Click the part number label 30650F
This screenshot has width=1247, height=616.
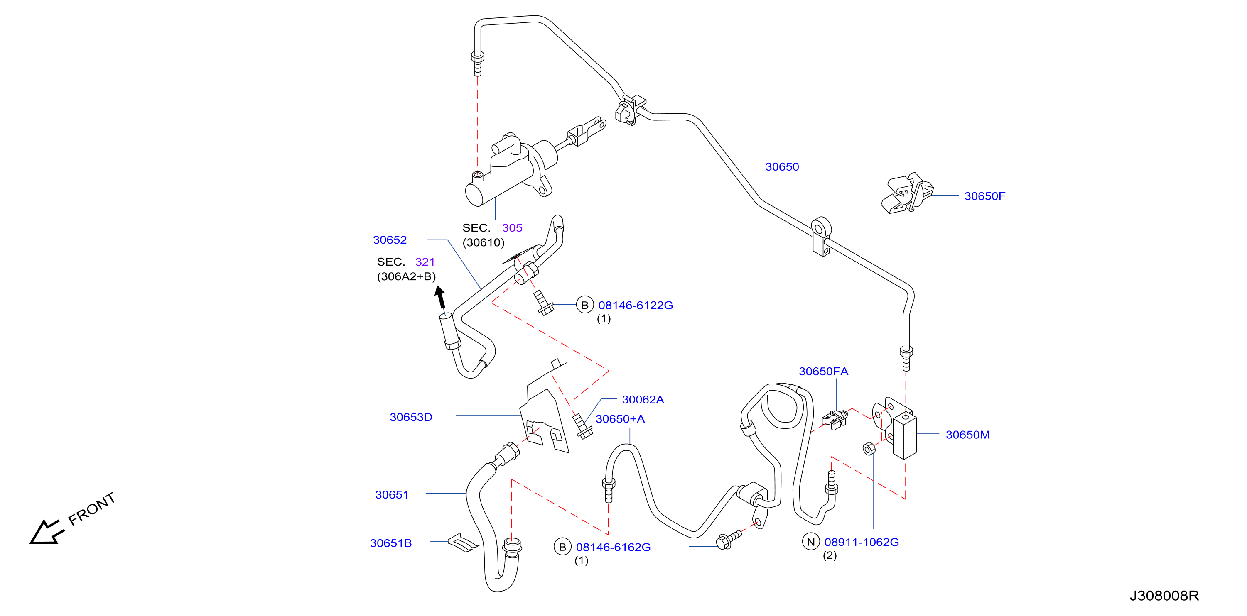[x=984, y=196]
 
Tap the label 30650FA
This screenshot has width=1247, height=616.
[x=823, y=371]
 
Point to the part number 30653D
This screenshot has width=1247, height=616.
[x=410, y=417]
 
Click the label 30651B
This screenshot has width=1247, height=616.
[x=390, y=543]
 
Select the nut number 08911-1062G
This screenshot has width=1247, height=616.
[x=861, y=542]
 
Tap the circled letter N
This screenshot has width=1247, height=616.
[x=811, y=542]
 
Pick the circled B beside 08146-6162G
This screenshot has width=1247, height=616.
[x=562, y=547]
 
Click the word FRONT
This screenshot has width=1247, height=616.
[x=91, y=509]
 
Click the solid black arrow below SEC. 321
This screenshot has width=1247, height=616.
[x=439, y=297]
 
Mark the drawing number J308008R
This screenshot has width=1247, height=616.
[x=1164, y=596]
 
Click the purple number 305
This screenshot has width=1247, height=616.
[x=512, y=228]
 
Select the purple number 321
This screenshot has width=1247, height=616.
[x=425, y=262]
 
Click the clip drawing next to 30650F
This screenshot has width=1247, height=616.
[x=907, y=193]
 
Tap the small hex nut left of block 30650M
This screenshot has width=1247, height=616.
[x=869, y=449]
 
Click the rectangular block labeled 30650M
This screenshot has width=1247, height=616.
[x=905, y=435]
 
